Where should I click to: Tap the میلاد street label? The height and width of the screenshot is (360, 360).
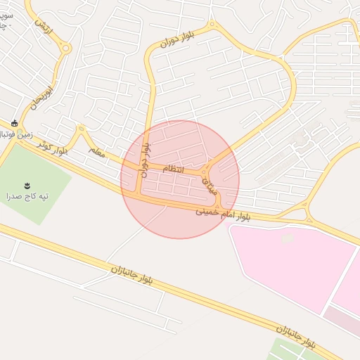(212, 185)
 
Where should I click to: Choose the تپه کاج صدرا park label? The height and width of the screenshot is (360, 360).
(27, 196)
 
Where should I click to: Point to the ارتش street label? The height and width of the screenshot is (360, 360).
(44, 25)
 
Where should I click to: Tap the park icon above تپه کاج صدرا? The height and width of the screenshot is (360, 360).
(27, 185)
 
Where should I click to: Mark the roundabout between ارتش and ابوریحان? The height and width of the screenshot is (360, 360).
(65, 49)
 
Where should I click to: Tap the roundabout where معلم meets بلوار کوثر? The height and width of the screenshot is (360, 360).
(81, 129)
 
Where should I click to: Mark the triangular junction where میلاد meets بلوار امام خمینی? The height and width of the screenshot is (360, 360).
(218, 204)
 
